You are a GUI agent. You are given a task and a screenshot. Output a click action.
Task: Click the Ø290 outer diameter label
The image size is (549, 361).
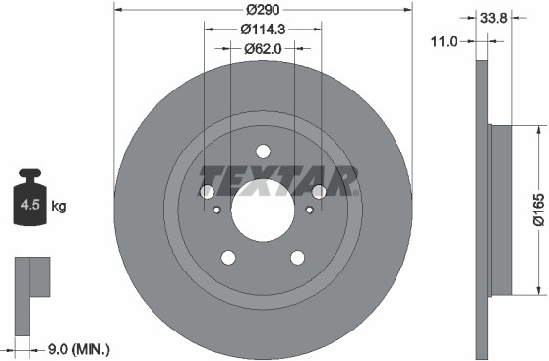click(263, 10)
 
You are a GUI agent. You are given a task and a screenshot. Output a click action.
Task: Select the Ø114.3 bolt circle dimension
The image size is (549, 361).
click(263, 30)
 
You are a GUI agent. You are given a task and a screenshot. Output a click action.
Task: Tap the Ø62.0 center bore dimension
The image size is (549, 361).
click(263, 49)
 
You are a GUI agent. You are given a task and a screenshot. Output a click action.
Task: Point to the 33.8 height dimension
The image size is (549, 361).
click(493, 18)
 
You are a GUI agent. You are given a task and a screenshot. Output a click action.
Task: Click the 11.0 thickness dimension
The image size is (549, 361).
click(444, 42)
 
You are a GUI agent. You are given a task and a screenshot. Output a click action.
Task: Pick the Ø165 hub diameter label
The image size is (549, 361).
click(539, 210)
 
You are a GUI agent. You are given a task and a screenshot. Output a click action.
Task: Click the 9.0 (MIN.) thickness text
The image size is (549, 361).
click(79, 349)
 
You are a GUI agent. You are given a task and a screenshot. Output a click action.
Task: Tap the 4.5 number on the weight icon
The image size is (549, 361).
click(30, 205)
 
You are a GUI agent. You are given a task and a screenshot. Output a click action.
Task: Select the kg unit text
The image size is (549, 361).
click(58, 206)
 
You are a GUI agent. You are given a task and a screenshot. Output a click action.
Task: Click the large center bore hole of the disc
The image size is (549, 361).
click(263, 211)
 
